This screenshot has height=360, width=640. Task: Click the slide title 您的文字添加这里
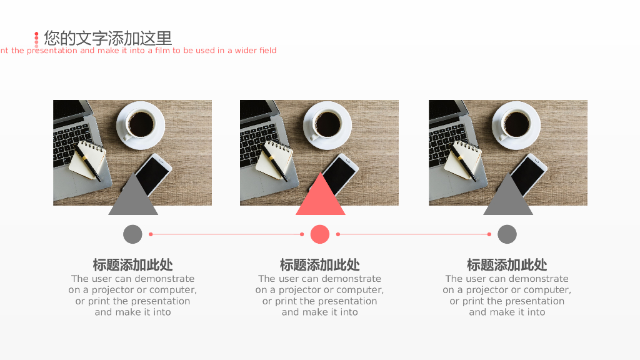107,38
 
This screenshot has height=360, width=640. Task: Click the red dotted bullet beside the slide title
36,39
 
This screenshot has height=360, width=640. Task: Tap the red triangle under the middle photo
321,194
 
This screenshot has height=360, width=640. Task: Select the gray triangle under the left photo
133,194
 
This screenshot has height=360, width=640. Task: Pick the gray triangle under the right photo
508,194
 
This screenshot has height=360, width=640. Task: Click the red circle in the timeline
320,234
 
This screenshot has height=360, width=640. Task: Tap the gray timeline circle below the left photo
132,234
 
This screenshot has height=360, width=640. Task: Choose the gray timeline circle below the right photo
507,234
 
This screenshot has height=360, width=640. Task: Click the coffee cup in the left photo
141,125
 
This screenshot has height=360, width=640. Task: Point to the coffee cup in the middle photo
327,125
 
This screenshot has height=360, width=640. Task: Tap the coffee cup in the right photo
516,125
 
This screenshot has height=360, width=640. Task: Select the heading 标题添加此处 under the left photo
132,265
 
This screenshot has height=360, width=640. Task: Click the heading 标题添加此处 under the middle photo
319,265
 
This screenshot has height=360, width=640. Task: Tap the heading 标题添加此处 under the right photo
507,265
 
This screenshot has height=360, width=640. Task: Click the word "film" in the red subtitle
162,50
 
